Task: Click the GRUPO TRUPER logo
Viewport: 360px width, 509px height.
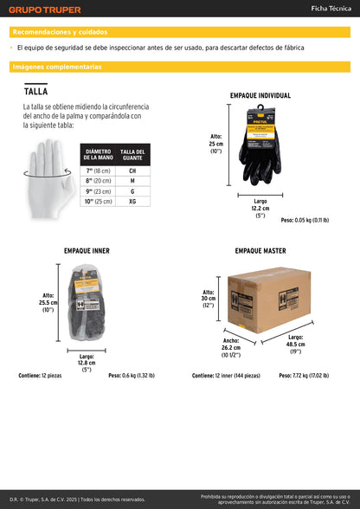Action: [x=44, y=10]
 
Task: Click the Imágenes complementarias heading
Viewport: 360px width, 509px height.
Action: [x=57, y=67]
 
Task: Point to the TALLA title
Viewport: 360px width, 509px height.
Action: [x=35, y=91]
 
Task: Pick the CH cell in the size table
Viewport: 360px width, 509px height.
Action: [x=132, y=171]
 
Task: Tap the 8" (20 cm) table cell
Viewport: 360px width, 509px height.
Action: [x=98, y=181]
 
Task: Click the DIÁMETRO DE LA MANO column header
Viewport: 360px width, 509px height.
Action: [x=98, y=155]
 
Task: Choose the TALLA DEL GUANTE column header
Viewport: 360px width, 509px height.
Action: [x=132, y=155]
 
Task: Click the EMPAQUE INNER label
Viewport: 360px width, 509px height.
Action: [x=87, y=251]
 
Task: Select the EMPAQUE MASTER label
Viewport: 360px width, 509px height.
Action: [x=260, y=251]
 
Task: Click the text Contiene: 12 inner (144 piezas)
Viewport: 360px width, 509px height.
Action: [x=226, y=376]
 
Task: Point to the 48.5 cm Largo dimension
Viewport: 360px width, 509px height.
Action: [x=295, y=344]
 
